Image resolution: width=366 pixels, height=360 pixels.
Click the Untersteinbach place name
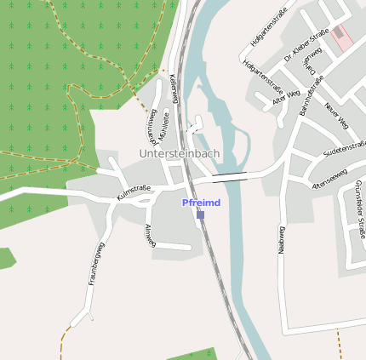(180, 153)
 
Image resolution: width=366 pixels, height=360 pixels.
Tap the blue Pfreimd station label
(201, 203)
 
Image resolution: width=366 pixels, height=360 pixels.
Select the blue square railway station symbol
(201, 214)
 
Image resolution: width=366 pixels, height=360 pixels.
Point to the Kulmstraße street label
(134, 192)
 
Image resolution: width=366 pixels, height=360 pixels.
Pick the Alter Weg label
(286, 99)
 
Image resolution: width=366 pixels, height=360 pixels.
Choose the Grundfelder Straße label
(358, 209)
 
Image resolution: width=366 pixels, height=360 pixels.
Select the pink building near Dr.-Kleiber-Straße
(342, 37)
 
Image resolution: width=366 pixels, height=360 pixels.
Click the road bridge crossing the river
(230, 177)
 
